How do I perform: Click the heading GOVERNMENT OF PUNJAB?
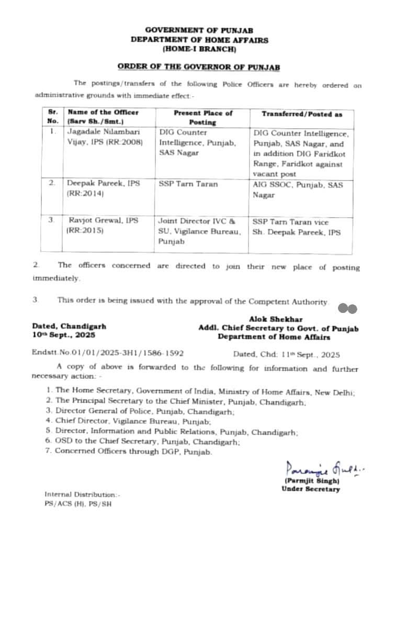199,31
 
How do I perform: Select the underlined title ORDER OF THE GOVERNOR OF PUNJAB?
199,67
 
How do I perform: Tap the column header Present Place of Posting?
203,117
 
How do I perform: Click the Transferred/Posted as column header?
300,114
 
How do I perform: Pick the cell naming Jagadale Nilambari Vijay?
105,137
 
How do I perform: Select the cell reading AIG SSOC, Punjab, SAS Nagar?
299,189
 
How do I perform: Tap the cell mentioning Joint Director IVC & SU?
199,231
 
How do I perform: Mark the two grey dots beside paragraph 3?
347,309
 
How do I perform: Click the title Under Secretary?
310,489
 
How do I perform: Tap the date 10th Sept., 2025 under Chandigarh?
64,335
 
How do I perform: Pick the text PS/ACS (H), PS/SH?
78,504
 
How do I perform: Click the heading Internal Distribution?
82,494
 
